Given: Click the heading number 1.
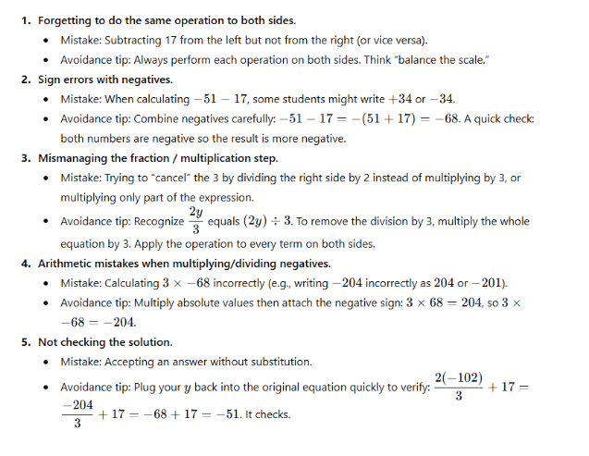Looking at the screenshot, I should click(x=25, y=18).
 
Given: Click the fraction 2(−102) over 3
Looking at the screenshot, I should click(x=459, y=387).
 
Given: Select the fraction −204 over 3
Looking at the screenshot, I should click(x=77, y=413).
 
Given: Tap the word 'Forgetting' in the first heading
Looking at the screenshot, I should click(x=68, y=18).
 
